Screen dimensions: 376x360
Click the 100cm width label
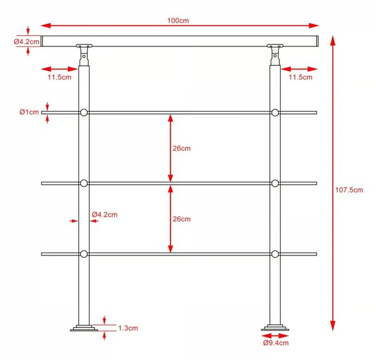pyautogui.click(x=178, y=21)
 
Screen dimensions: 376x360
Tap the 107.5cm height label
pyautogui.click(x=349, y=190)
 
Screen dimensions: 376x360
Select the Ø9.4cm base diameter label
pyautogui.click(x=276, y=342)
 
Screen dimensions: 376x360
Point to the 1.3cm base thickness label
pyautogui.click(x=128, y=328)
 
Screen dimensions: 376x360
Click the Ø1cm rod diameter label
pyautogui.click(x=29, y=112)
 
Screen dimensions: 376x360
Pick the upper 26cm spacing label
pyautogui.click(x=182, y=148)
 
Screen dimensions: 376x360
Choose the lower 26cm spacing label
pyautogui.click(x=182, y=219)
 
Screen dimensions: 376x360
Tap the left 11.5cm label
pyautogui.click(x=60, y=77)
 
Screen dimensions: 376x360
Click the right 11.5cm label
pyautogui.click(x=300, y=77)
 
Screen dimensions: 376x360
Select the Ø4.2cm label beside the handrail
pyautogui.click(x=26, y=42)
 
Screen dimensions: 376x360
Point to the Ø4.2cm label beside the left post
pyautogui.click(x=105, y=214)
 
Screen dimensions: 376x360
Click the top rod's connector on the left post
pyautogui.click(x=84, y=113)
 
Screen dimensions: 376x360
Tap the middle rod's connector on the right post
pyautogui.click(x=275, y=183)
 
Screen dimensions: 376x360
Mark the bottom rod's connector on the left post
pyautogui.click(x=84, y=254)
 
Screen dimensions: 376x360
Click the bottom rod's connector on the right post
pyautogui.click(x=275, y=254)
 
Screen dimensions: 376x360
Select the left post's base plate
pyautogui.click(x=84, y=328)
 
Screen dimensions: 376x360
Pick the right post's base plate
pyautogui.click(x=275, y=328)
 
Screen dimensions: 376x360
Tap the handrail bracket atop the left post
pyautogui.click(x=84, y=55)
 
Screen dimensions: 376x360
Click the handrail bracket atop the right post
pyautogui.click(x=275, y=55)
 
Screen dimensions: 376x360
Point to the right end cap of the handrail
pyautogui.click(x=317, y=41)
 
